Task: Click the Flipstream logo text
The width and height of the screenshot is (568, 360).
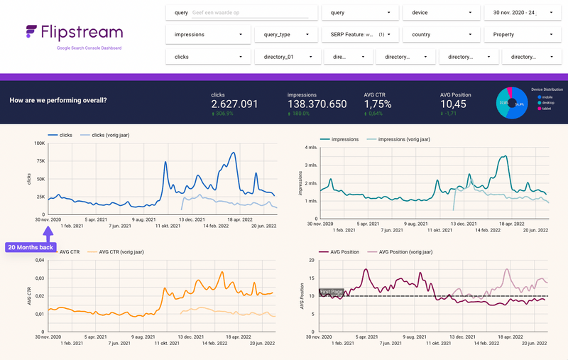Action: (x=81, y=32)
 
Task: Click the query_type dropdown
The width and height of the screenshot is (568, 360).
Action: (x=286, y=33)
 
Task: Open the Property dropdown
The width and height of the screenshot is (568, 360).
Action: (x=522, y=33)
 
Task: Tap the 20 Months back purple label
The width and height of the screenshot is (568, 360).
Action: (x=29, y=248)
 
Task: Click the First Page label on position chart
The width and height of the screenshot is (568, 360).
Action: (x=330, y=292)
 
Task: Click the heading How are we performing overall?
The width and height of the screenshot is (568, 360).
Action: (x=58, y=100)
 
